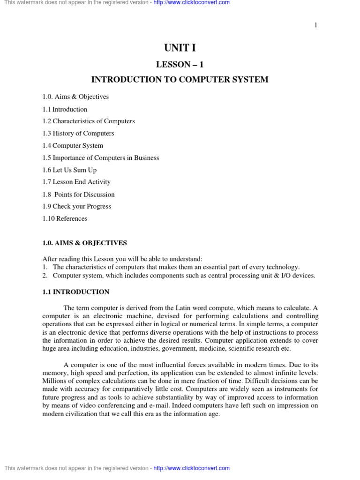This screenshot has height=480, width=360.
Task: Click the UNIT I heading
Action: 180,48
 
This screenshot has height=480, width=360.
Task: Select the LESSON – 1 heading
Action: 180,64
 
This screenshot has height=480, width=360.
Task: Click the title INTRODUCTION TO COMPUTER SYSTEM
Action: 180,80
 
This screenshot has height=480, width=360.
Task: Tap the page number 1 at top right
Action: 316,25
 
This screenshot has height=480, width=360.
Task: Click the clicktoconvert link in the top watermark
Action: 191,3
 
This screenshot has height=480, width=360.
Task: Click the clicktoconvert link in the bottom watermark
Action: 191,468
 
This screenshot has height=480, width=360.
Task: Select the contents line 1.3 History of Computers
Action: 78,134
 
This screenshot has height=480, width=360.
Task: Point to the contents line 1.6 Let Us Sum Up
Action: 69,170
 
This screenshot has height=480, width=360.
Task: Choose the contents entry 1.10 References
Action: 65,219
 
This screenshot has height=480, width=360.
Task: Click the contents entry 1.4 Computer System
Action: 73,146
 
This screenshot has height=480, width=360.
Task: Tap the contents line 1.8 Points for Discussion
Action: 78,195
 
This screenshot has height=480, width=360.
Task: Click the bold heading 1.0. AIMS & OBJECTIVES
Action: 84,243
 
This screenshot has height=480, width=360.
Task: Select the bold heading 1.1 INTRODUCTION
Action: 75,292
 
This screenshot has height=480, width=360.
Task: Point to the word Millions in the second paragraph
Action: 54,381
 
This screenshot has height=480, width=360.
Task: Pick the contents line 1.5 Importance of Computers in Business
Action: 101,158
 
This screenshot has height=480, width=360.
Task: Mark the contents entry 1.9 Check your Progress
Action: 76,207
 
